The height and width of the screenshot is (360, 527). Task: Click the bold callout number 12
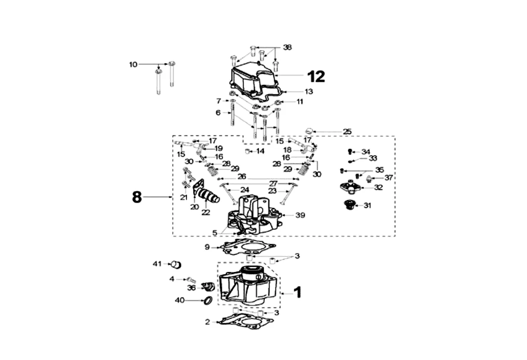pyautogui.click(x=316, y=76)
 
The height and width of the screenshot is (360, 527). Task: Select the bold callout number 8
pyautogui.click(x=137, y=197)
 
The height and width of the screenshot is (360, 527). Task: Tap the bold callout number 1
pyautogui.click(x=298, y=292)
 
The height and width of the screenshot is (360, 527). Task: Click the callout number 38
pyautogui.click(x=287, y=47)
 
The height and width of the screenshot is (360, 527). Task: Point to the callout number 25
pyautogui.click(x=347, y=131)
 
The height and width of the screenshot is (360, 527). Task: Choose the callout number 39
pyautogui.click(x=300, y=215)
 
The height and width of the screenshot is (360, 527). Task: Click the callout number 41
pyautogui.click(x=158, y=264)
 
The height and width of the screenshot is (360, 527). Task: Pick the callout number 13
pyautogui.click(x=309, y=91)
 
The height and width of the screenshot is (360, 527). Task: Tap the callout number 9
pyautogui.click(x=207, y=247)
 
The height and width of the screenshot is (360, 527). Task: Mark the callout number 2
pyautogui.click(x=207, y=322)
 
